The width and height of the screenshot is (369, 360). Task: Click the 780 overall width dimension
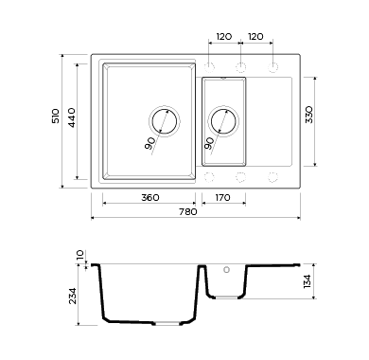(x=188, y=211)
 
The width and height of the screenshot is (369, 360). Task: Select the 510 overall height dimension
(x=56, y=116)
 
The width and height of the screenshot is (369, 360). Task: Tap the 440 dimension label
(x=72, y=117)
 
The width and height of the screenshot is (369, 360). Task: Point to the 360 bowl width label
(x=150, y=198)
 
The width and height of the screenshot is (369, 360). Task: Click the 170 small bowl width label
(x=222, y=198)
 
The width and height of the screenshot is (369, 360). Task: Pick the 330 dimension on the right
(x=309, y=115)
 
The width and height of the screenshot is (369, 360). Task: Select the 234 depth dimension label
(x=73, y=296)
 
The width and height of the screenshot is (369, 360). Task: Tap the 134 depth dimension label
(x=307, y=281)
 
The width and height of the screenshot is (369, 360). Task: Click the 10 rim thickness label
(x=80, y=255)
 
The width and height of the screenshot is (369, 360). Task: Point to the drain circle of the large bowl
(x=165, y=121)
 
